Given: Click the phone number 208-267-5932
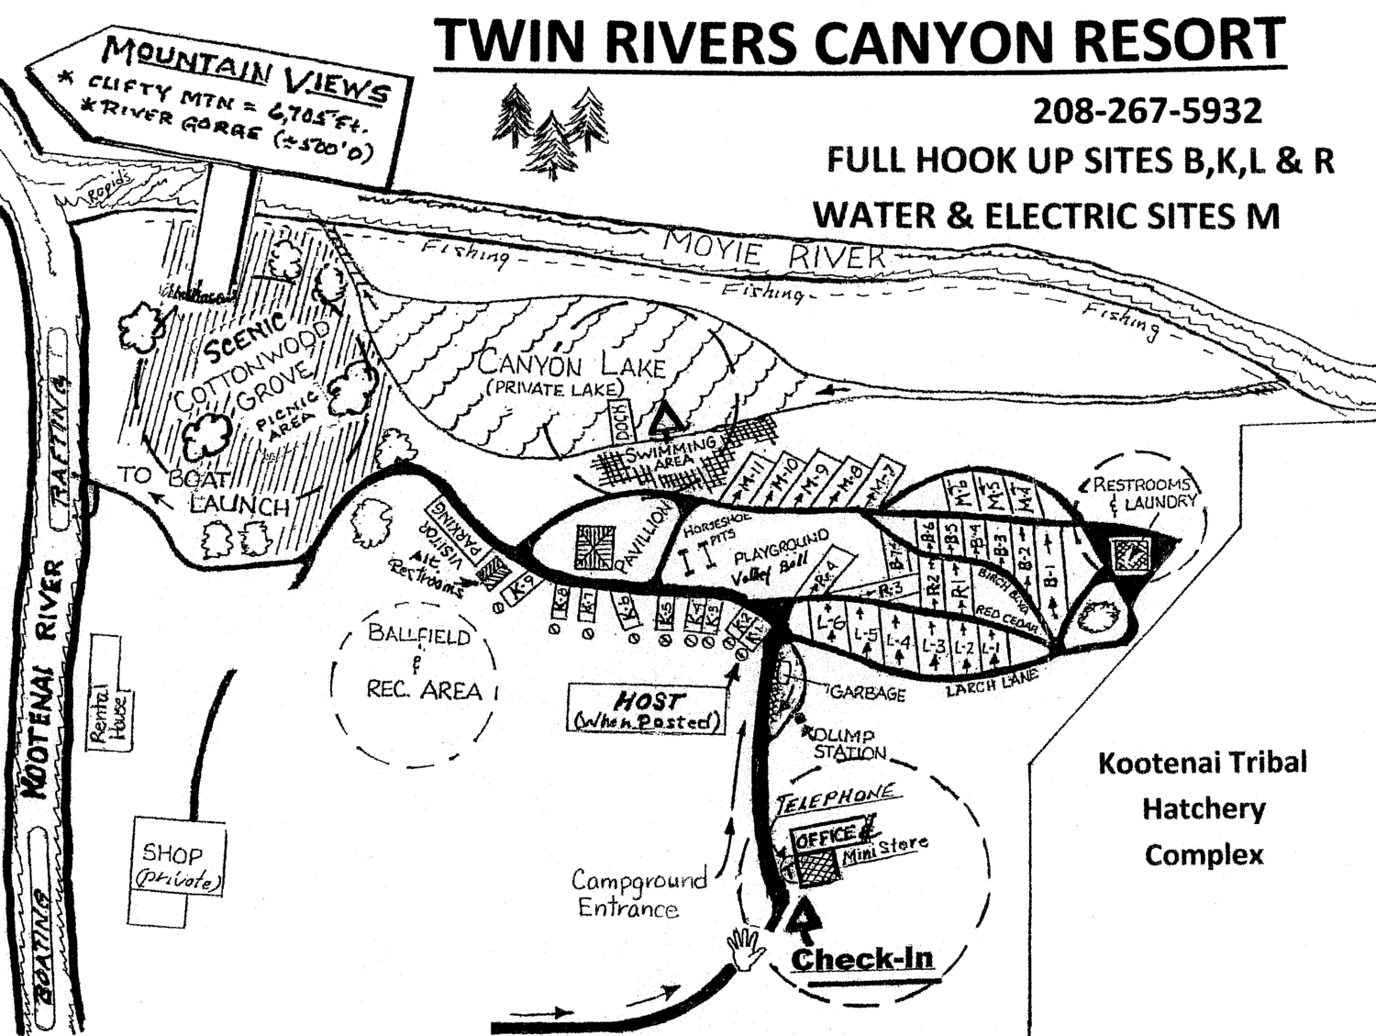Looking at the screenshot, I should click(x=1147, y=111).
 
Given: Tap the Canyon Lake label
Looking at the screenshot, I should click(x=571, y=364).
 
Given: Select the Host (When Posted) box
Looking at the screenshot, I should click(x=645, y=709).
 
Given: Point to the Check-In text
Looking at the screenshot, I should click(x=861, y=959).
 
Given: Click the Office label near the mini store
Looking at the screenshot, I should click(x=825, y=836).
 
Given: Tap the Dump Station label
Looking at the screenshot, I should click(x=849, y=744).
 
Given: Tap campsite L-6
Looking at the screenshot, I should click(x=830, y=622).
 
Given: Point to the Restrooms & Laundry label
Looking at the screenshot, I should click(x=1144, y=493).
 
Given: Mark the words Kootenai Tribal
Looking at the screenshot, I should click(x=1202, y=763).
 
